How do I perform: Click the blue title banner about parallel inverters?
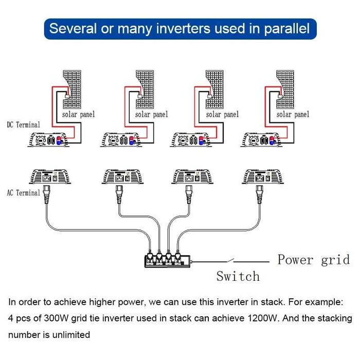point(179,28)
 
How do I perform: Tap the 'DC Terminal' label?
point(23,125)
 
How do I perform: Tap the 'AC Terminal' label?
point(23,193)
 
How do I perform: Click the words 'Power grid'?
point(314,259)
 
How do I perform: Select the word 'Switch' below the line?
point(238,277)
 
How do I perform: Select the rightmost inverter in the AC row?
point(263,178)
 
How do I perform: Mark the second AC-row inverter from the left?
point(122,178)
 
